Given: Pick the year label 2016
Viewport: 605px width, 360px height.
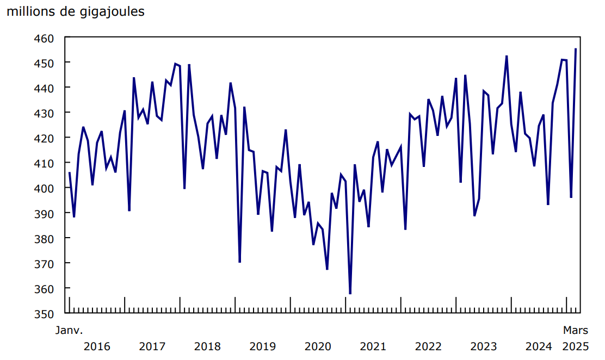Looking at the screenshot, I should tap(97, 346).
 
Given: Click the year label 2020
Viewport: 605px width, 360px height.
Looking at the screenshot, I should tap(318, 346).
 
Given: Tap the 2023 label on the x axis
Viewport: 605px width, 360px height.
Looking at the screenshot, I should tap(483, 346).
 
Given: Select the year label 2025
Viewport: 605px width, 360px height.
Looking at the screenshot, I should tap(575, 346).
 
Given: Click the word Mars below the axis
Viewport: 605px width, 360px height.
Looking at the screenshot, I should tap(575, 330).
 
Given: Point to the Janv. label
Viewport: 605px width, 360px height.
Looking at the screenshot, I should tap(69, 330).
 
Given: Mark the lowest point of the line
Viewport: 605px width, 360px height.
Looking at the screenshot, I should tap(350, 294).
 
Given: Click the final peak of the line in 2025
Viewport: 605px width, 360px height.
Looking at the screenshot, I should tap(576, 49).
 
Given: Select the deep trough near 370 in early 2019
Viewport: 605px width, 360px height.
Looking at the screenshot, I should tap(239, 262).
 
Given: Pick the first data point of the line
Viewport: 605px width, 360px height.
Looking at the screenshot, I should tap(69, 173).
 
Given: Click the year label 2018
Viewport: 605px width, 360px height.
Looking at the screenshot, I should tap(207, 346).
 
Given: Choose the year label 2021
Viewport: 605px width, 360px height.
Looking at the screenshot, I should tap(373, 346).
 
